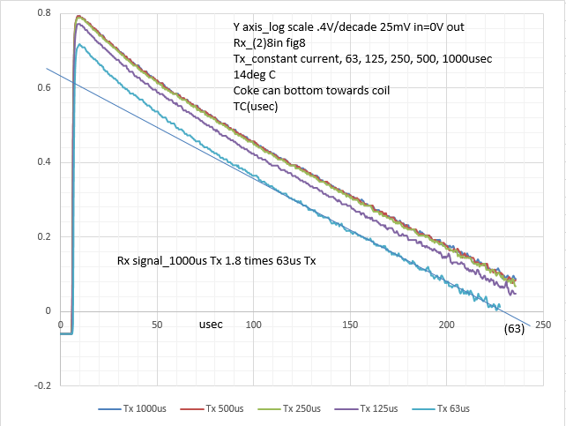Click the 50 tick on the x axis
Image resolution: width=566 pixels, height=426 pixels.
click(x=157, y=324)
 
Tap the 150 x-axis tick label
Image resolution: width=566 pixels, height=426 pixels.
click(x=351, y=324)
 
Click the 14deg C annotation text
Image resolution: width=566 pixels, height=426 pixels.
click(x=256, y=74)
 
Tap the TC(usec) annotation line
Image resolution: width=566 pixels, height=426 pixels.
click(x=257, y=106)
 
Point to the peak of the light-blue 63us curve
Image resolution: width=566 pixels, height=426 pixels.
click(x=78, y=45)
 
